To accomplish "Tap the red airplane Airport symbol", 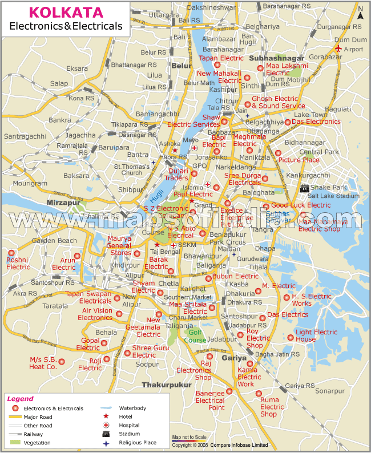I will pos(340,49).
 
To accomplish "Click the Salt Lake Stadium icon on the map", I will pos(305,188).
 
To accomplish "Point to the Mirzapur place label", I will pos(62,202).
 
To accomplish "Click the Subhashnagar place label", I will pos(277,58).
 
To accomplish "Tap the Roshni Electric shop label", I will pos(18,264).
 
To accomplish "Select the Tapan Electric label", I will pos(221,58).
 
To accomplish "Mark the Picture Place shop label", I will pos(299,160).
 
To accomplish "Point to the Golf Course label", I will pos(195,336).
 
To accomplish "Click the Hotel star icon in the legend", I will pos(106,416).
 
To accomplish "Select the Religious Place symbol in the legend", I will pos(106,442).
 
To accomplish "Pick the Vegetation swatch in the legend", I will pos(15,442).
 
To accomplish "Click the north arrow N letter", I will pos(360,7).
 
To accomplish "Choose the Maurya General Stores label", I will pos(119,246).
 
